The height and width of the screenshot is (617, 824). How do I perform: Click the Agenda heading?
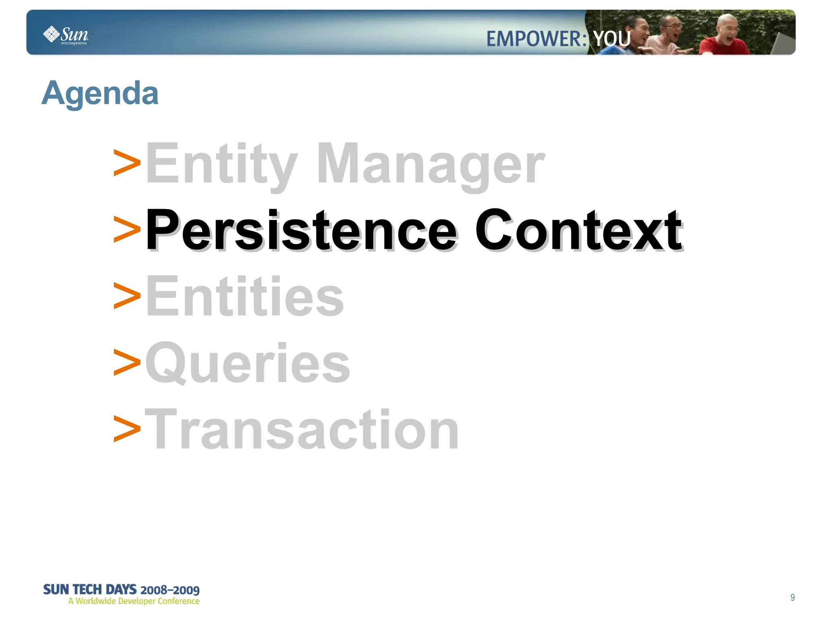click(100, 93)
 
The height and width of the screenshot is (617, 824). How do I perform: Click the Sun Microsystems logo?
click(66, 35)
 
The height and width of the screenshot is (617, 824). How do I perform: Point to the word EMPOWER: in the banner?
click(536, 39)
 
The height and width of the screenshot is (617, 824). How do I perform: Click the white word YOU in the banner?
click(612, 39)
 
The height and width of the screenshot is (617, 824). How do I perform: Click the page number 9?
click(792, 597)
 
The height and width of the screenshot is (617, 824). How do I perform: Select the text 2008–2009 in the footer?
click(170, 590)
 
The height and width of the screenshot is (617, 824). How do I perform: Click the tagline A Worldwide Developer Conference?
click(134, 601)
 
